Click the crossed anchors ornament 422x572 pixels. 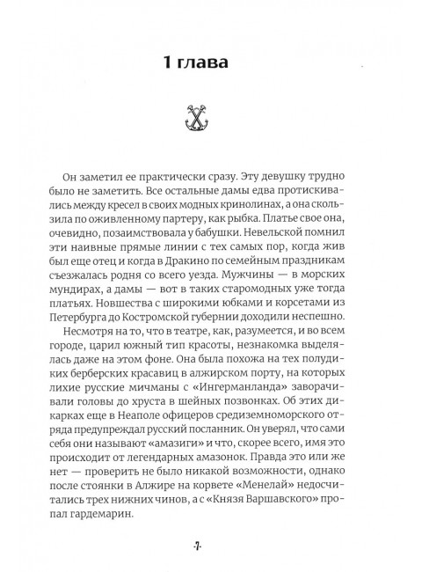tap(210, 115)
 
